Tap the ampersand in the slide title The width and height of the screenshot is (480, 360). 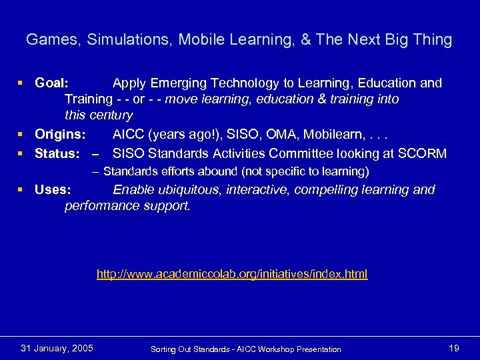click(306, 40)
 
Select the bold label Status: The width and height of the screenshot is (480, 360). click(57, 154)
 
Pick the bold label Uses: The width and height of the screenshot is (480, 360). click(53, 190)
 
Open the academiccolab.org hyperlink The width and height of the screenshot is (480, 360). click(232, 274)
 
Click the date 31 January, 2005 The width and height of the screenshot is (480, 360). click(57, 348)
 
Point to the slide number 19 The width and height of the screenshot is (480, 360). click(454, 348)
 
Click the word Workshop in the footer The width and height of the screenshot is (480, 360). click(275, 349)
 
